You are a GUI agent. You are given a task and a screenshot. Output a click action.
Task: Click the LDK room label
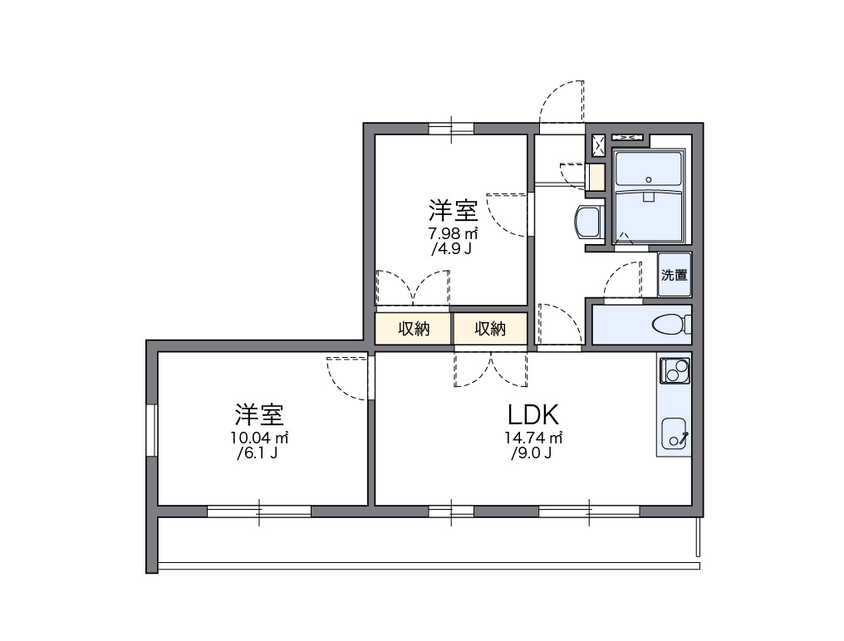532,414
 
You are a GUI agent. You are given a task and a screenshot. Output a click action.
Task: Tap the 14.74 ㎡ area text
532,438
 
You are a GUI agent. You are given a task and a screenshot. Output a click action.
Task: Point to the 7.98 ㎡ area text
453,233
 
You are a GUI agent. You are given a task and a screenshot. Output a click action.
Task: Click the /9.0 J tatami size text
532,453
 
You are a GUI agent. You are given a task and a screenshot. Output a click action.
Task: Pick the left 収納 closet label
413,329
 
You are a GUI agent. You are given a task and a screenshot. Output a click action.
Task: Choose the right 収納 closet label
490,329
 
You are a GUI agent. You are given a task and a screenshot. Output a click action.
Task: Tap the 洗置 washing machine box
674,275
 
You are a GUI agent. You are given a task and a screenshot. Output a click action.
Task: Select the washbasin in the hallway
586,223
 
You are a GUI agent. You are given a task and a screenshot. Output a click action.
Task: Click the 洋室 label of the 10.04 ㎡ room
260,413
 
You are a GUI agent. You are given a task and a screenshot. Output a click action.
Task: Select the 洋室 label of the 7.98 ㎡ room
453,209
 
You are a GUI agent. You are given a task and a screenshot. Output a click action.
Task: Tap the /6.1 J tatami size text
257,453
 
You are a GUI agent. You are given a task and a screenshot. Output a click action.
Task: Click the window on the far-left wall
152,429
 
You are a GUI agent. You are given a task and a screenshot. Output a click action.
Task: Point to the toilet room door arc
621,280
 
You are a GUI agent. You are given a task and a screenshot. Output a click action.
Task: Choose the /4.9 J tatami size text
451,249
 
